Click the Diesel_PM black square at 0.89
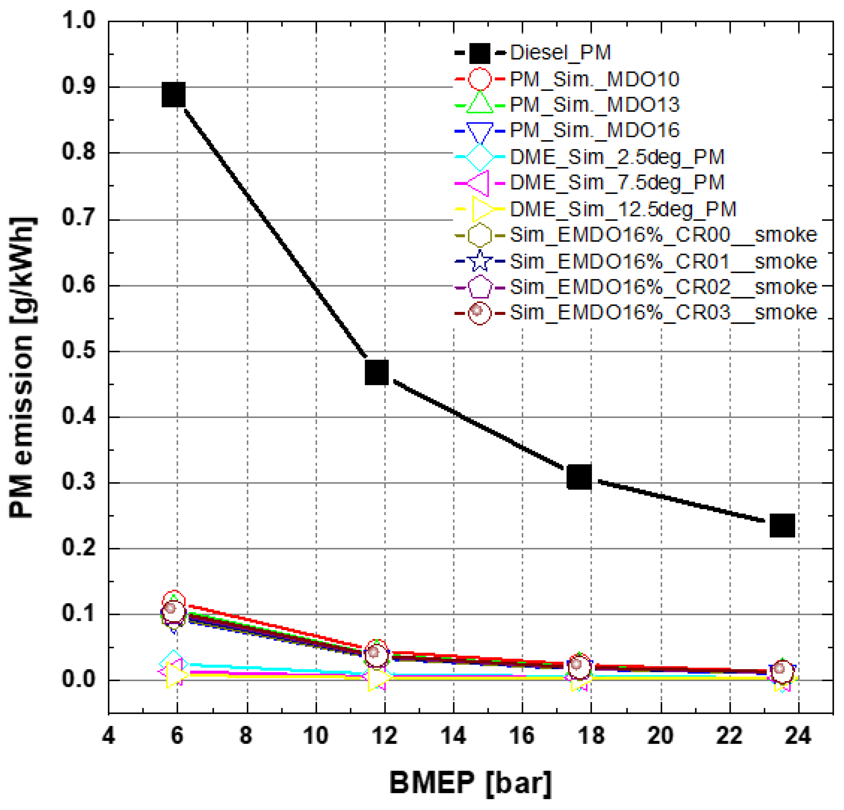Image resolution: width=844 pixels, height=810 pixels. [x=174, y=95]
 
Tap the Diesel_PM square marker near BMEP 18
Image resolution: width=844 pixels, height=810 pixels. [x=579, y=477]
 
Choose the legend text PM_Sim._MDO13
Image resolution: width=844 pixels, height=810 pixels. [x=594, y=105]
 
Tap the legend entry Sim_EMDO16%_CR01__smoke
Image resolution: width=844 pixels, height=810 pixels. [x=663, y=261]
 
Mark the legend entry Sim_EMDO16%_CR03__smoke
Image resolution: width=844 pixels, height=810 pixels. [x=663, y=312]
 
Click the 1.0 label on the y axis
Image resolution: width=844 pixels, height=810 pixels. [x=79, y=20]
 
